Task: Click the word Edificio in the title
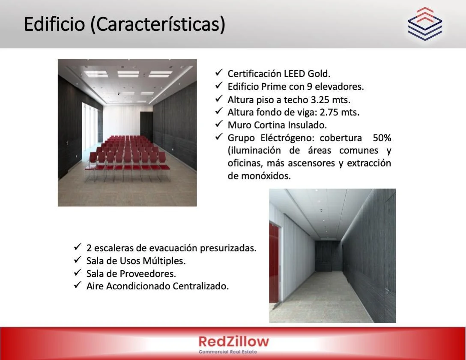coord(54,24)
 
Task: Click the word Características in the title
coord(158,24)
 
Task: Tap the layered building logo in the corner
coord(425,24)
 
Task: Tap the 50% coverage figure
coord(382,138)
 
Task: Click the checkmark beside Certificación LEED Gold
coord(219,72)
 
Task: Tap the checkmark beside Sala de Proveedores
coord(78,272)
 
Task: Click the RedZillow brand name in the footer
coord(233,341)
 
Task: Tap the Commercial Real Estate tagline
coord(228,352)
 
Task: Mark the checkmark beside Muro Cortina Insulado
coord(219,124)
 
